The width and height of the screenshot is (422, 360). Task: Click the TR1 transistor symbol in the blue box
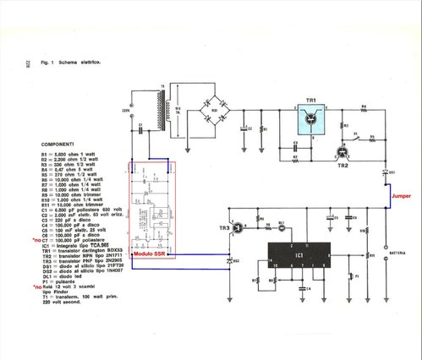point(312,123)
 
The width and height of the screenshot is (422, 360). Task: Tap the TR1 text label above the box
point(311,101)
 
